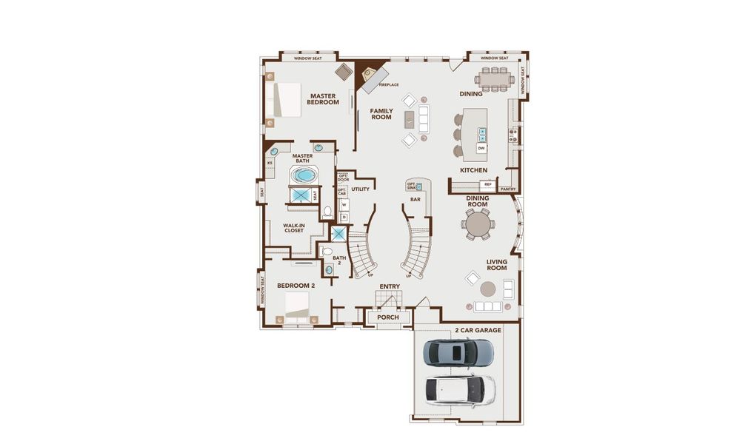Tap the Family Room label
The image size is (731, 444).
pyautogui.click(x=381, y=114)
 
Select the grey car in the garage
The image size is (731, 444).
pyautogui.click(x=457, y=352)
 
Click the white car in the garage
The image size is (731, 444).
pyautogui.click(x=459, y=388)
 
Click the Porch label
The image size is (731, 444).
pyautogui.click(x=387, y=317)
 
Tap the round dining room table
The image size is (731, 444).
pyautogui.click(x=477, y=222)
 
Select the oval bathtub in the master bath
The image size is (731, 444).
pyautogui.click(x=303, y=176)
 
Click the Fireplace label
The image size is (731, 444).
pyautogui.click(x=389, y=84)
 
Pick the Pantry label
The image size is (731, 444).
pyautogui.click(x=507, y=189)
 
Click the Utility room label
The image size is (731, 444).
pyautogui.click(x=361, y=189)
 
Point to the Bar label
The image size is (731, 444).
pyautogui.click(x=415, y=199)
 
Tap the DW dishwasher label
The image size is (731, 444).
pyautogui.click(x=481, y=149)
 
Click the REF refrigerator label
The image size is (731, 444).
pyautogui.click(x=488, y=184)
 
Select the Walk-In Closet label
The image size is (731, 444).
pyautogui.click(x=293, y=228)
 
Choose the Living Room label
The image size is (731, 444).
pyautogui.click(x=496, y=264)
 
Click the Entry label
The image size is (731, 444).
pyautogui.click(x=390, y=286)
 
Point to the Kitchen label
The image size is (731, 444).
pyautogui.click(x=473, y=170)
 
